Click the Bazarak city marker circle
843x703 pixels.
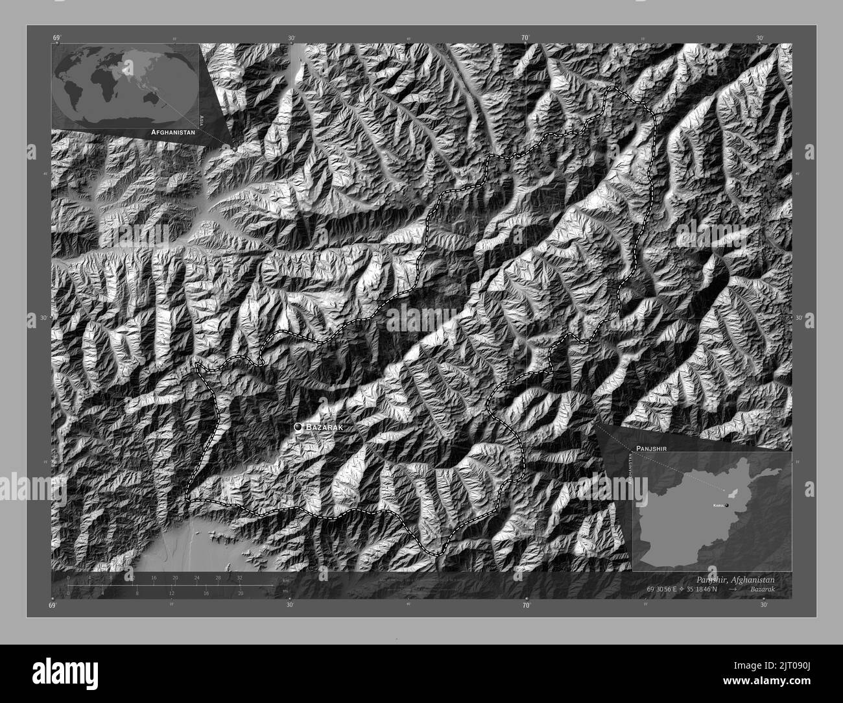[x=298, y=427]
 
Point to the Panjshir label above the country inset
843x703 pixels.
[x=652, y=448]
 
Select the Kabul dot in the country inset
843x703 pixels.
[x=727, y=505]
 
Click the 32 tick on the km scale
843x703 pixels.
[x=239, y=577]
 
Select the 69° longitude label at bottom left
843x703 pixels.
[x=53, y=605]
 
